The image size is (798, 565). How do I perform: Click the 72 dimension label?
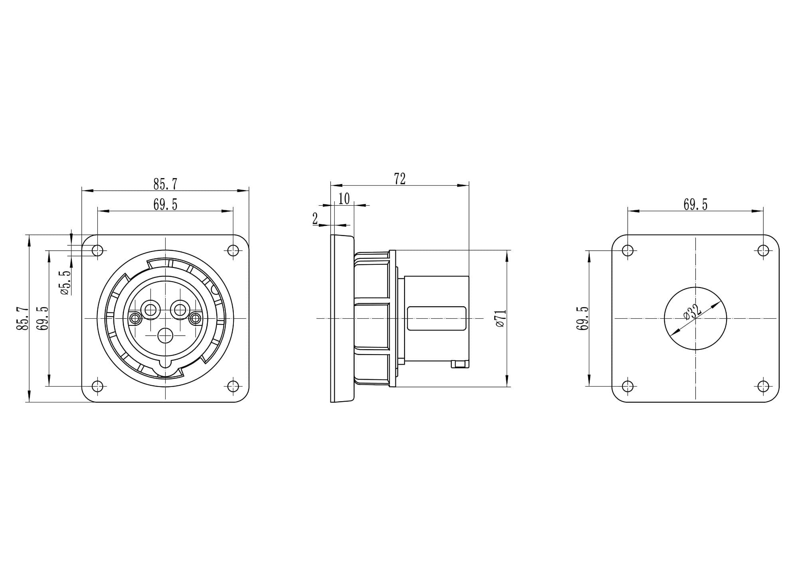coord(400,178)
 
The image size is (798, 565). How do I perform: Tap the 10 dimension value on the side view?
coord(344,198)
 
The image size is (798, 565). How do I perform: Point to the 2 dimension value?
coord(315,218)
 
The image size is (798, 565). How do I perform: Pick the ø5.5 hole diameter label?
coord(66,282)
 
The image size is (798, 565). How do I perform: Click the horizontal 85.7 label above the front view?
coord(165,184)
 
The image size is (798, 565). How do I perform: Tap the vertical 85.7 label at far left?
coord(22,318)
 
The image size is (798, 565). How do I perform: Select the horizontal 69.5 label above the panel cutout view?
coord(695,204)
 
